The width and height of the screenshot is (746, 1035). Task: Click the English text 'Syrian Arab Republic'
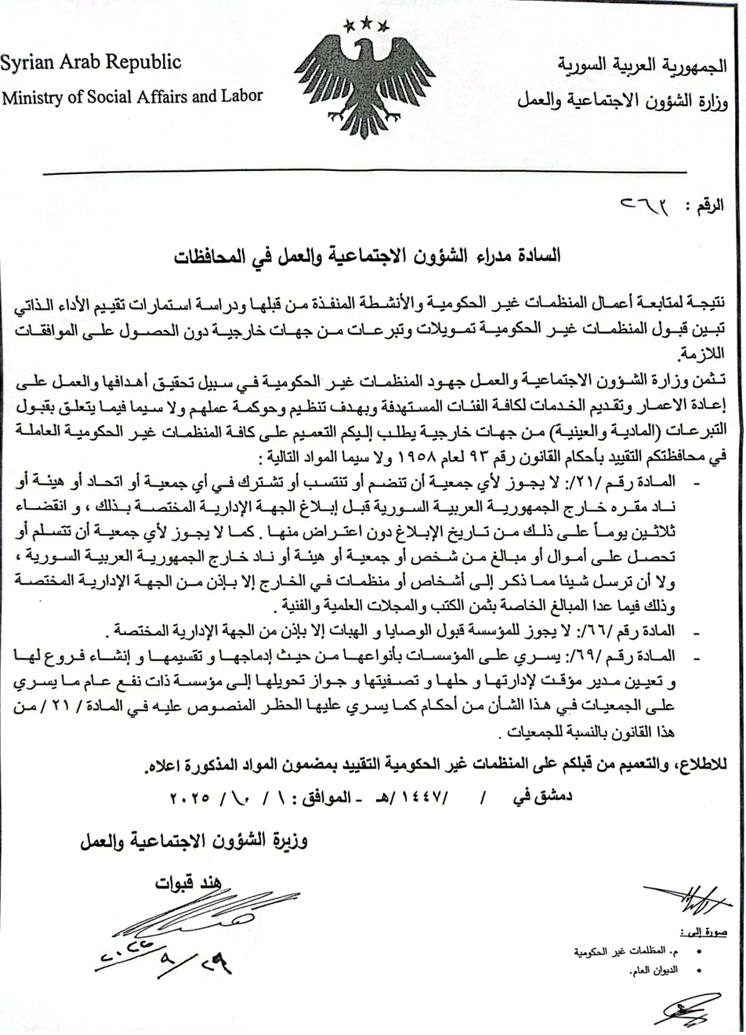pos(91,63)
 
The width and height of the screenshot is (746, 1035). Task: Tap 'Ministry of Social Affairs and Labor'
pos(132,96)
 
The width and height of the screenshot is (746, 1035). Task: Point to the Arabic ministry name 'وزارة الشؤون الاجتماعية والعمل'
pos(621,100)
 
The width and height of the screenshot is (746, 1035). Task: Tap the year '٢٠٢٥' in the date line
pos(191,797)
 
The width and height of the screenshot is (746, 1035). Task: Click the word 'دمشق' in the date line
pos(551,797)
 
